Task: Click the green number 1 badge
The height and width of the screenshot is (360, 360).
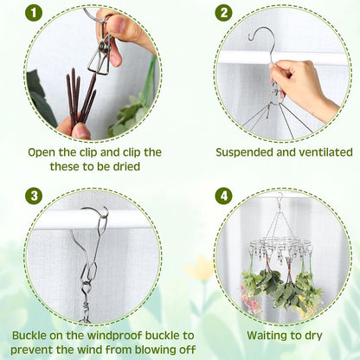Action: [x=34, y=13]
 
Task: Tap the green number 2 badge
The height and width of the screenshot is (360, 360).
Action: [x=224, y=13]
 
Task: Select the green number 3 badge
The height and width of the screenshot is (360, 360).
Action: [x=34, y=196]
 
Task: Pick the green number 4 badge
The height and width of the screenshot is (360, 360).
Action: [x=224, y=196]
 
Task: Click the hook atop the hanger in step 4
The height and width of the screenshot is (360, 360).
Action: [x=279, y=204]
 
